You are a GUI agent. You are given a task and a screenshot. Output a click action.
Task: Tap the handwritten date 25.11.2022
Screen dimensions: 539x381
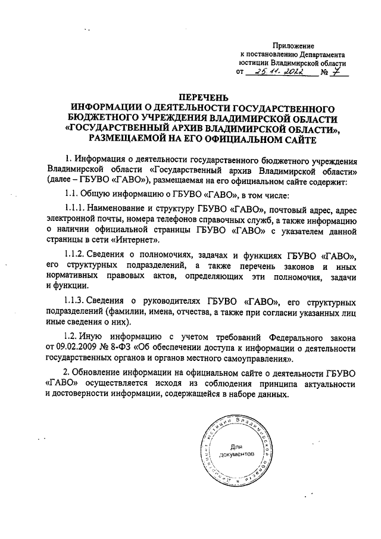pyautogui.click(x=279, y=72)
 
